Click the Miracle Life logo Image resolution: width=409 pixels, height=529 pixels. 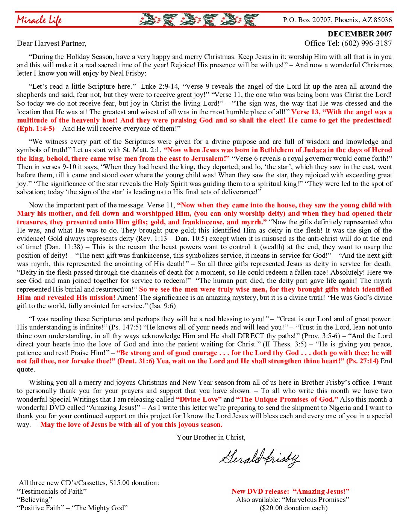pyautogui.click(x=39, y=20)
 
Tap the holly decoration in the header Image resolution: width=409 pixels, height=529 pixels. pyautogui.click(x=199, y=20)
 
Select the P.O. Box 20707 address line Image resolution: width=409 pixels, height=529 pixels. pyautogui.click(x=337, y=20)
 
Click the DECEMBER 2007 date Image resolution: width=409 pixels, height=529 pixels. pyautogui.click(x=359, y=34)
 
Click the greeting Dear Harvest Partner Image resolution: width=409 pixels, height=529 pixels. pyautogui.click(x=52, y=43)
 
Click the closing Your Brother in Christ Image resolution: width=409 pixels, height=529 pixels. pyautogui.click(x=211, y=437)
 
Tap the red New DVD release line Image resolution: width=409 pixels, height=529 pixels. pyautogui.click(x=290, y=491)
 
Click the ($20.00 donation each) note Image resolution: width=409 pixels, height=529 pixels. pyautogui.click(x=293, y=508)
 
